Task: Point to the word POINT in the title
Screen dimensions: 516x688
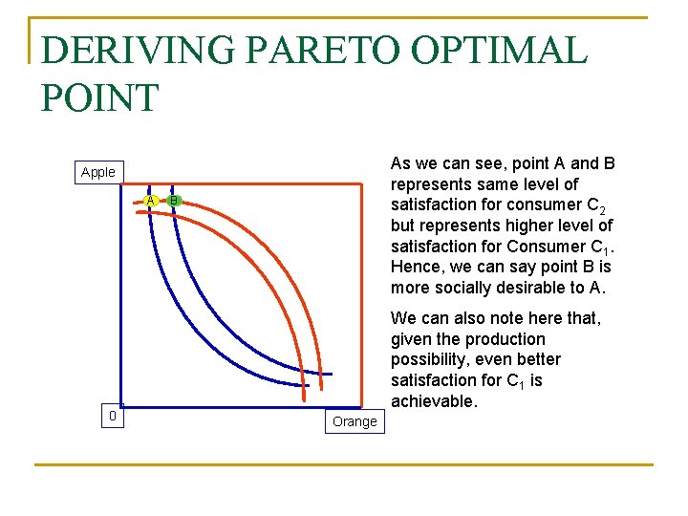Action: point(99,97)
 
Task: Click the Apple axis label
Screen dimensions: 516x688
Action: point(98,172)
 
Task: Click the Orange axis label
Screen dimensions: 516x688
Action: point(355,421)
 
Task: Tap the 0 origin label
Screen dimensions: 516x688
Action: point(113,416)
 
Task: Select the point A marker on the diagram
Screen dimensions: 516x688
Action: point(151,200)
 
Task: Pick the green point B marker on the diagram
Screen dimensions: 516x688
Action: point(173,200)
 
